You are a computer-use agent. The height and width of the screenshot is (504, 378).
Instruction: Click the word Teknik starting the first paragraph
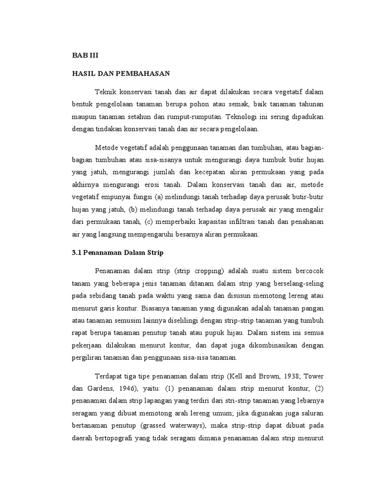[104, 92]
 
